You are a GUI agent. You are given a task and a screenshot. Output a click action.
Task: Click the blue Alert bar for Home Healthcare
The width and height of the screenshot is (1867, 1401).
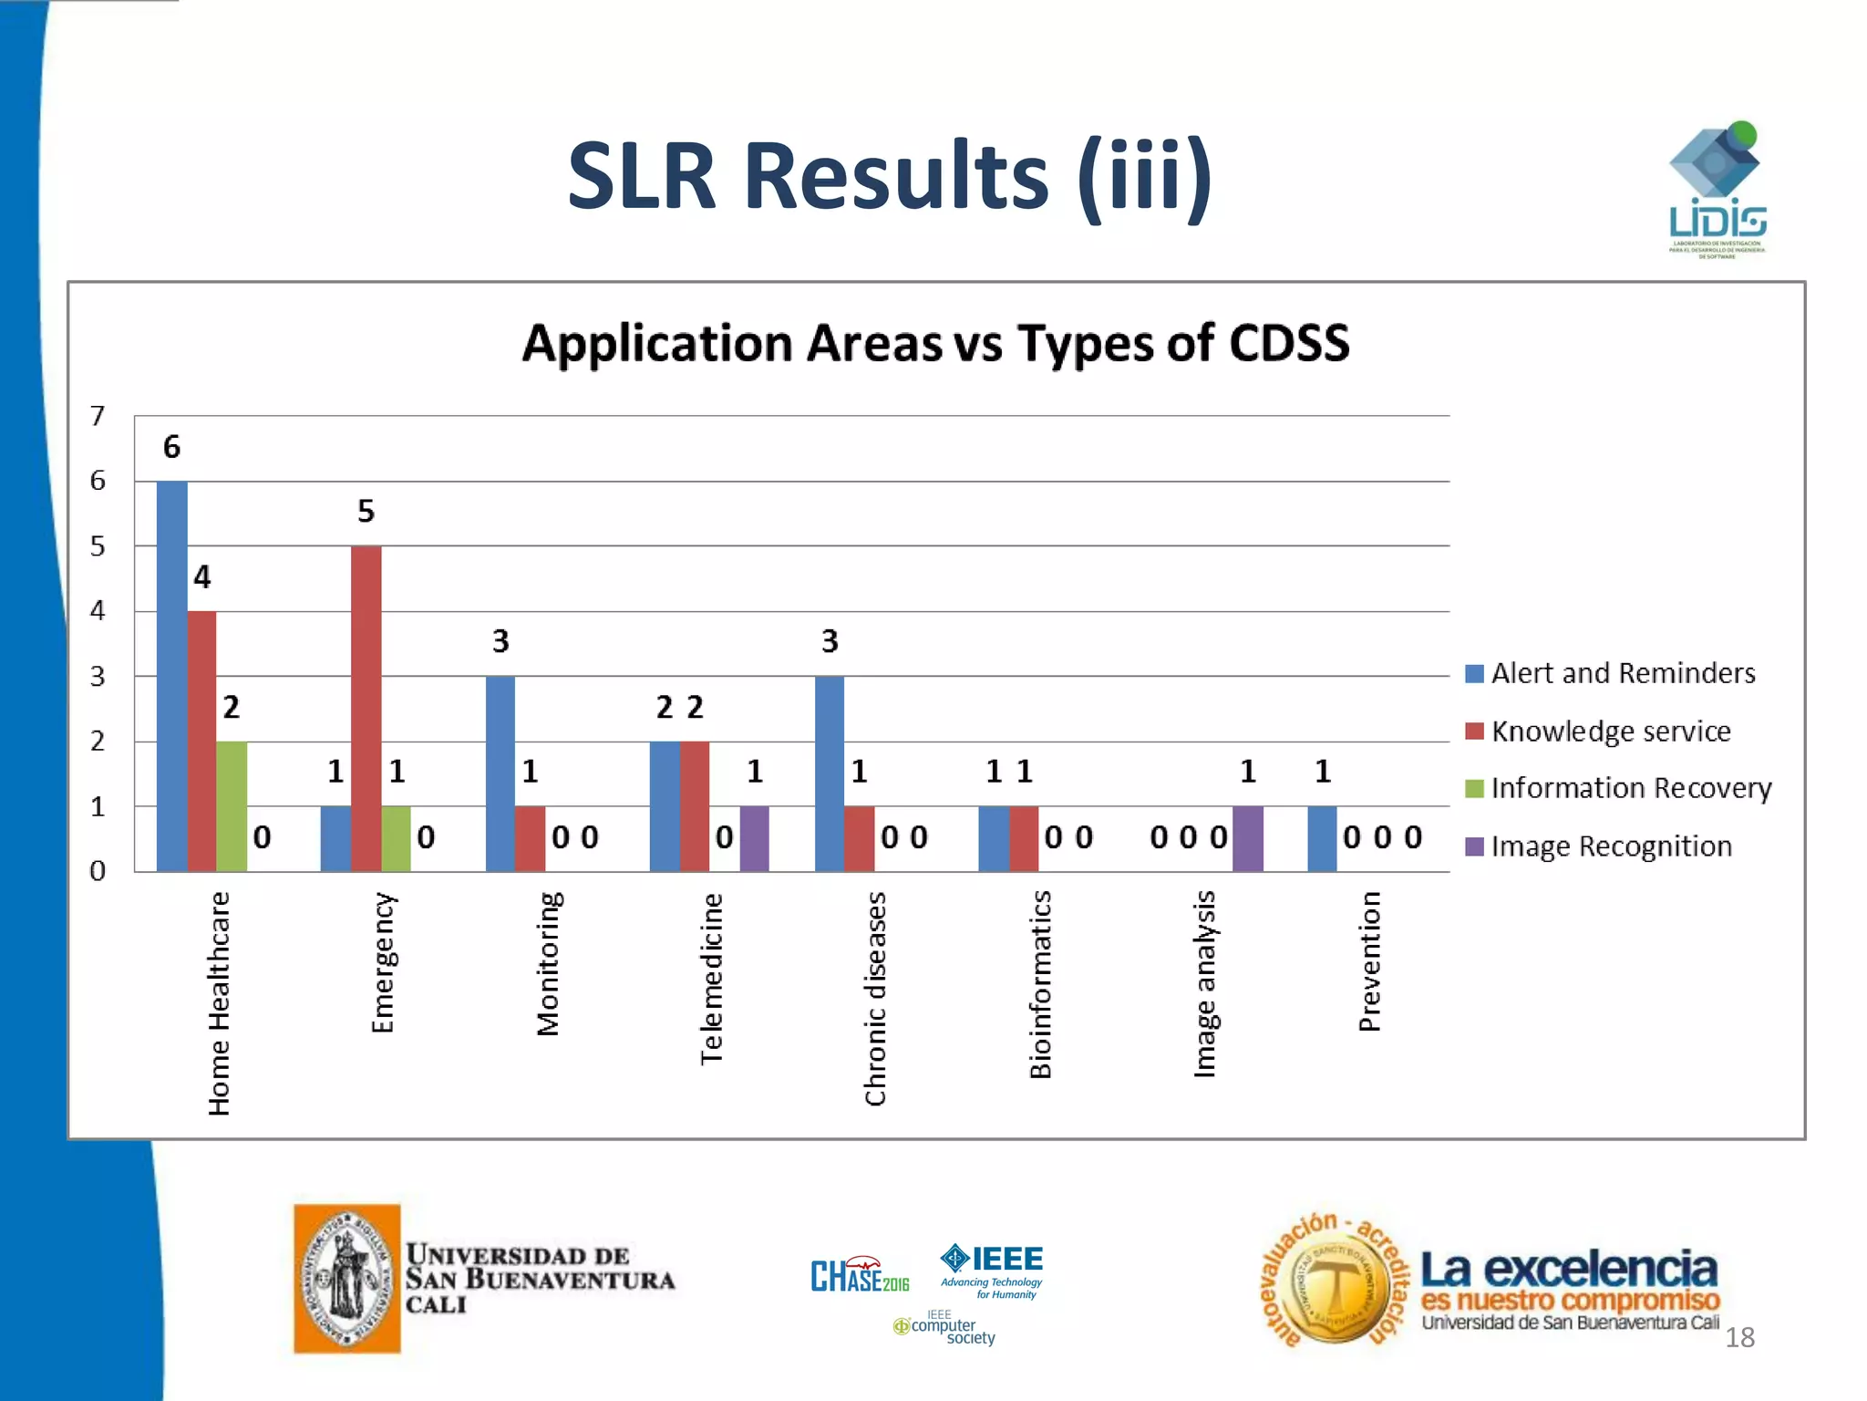tap(171, 676)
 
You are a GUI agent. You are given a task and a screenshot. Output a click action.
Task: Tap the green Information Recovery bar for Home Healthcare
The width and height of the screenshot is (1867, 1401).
tap(232, 806)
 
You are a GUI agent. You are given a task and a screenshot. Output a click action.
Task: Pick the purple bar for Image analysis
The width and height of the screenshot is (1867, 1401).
tap(1247, 839)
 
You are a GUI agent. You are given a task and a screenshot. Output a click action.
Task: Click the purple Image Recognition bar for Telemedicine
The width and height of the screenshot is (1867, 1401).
tap(754, 839)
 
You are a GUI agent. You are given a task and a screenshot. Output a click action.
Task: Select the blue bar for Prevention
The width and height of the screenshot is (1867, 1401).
tap(1322, 839)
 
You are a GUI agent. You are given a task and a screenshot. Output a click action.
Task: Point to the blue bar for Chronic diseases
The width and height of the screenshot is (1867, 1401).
tap(829, 773)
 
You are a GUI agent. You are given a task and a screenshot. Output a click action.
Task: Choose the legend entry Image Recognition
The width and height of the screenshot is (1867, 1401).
tap(1611, 846)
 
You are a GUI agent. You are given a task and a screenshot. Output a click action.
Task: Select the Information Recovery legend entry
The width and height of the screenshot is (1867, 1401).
tap(1631, 788)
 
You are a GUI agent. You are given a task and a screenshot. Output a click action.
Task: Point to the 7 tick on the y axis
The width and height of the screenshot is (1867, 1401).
tap(98, 417)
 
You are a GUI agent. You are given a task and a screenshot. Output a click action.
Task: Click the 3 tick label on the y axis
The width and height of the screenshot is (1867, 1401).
tap(98, 677)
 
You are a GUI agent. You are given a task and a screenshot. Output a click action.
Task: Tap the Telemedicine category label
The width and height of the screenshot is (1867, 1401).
tap(711, 979)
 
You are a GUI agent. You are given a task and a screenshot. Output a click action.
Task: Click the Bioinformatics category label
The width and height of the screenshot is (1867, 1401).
tap(1040, 984)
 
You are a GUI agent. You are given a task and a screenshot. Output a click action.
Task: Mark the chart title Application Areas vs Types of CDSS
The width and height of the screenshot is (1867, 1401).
tap(935, 344)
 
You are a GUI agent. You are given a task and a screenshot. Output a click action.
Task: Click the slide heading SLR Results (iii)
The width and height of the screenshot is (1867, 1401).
tap(890, 175)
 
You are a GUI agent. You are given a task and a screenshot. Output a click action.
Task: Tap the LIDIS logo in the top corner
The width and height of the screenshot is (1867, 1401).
tap(1716, 190)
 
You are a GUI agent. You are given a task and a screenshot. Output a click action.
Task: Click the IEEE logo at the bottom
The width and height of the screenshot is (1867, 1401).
tap(993, 1268)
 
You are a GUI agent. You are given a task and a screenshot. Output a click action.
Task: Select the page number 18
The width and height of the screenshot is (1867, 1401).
tap(1739, 1337)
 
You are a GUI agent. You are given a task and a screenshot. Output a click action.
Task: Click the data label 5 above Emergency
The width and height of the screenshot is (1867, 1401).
tap(366, 512)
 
